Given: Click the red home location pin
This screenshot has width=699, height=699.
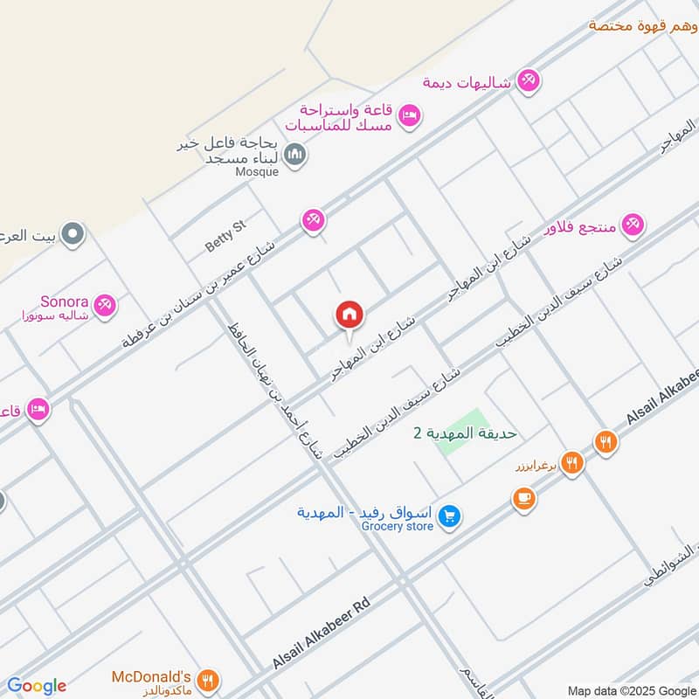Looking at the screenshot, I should (x=349, y=315).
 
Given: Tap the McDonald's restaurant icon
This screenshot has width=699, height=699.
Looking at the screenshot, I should (x=208, y=680).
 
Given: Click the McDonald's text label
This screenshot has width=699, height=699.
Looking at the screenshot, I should (x=151, y=676).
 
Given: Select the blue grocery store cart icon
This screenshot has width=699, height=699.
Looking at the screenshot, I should (x=449, y=517).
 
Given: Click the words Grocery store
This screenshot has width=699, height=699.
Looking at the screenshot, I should (x=398, y=526).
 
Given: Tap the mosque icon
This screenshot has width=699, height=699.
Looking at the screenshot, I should (x=296, y=156).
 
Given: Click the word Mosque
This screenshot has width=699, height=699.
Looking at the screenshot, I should (x=257, y=172).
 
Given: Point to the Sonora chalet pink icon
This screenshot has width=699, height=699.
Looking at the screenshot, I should (x=106, y=305).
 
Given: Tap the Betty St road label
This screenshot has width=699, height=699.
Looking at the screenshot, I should (x=226, y=237).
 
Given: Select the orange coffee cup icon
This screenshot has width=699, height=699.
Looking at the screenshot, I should (x=523, y=499).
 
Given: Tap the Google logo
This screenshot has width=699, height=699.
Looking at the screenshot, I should (x=37, y=686).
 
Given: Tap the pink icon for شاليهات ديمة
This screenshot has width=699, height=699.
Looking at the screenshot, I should (x=528, y=81).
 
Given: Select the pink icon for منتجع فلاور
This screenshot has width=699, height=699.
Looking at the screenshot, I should (x=633, y=225).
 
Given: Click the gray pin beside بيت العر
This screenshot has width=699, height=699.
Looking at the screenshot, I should (x=73, y=234).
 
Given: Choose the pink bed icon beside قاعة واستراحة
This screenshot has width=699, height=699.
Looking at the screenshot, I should (x=409, y=115).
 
